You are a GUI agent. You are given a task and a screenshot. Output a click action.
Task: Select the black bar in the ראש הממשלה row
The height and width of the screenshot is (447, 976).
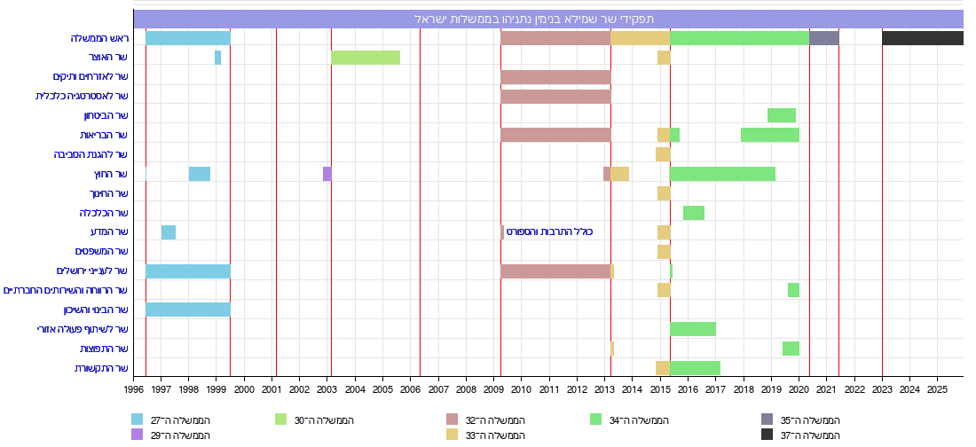coord(922,38)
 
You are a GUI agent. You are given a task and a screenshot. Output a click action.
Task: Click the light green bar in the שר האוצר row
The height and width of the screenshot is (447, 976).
coord(366,58)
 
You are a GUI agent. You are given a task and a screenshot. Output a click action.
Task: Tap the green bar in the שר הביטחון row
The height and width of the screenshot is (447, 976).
coord(781,115)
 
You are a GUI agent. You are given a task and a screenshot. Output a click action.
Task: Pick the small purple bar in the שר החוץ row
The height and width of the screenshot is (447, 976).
coord(327,174)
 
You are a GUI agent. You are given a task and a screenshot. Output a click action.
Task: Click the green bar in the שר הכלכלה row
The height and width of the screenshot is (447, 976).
coord(693,213)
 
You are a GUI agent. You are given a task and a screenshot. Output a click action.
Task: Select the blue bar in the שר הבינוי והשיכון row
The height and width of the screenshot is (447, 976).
coord(187,310)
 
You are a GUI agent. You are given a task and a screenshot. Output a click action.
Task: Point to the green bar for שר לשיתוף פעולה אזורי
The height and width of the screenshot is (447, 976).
coord(692,329)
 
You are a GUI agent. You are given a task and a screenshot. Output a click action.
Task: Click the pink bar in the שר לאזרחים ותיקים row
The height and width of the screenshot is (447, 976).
coord(555,77)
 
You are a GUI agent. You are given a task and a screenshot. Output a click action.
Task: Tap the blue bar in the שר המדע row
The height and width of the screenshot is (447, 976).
coord(168,232)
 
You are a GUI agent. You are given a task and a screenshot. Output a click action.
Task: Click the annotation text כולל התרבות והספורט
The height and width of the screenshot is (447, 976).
coord(548,232)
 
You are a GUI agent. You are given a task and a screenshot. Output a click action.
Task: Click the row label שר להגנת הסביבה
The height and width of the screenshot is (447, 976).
coord(90,154)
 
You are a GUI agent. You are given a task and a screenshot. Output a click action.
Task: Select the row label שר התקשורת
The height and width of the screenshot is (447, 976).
coord(101,368)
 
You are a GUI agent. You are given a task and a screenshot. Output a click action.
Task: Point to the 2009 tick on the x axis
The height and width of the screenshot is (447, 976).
coord(494,388)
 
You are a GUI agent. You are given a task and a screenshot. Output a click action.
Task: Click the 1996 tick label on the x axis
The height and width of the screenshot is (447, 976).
coord(134,388)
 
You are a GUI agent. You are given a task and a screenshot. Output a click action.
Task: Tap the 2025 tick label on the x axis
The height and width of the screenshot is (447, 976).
coord(937,388)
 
